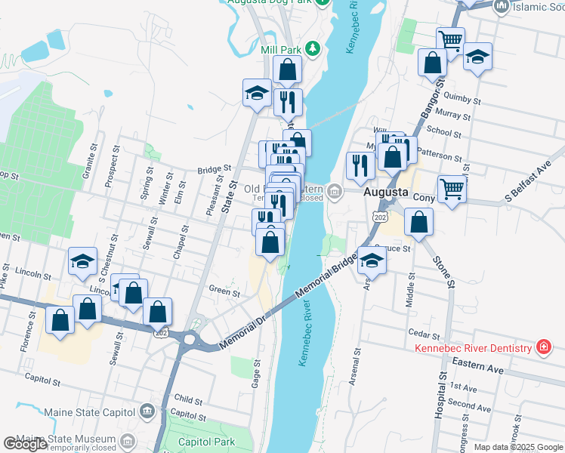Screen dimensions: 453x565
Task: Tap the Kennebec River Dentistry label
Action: point(474,348)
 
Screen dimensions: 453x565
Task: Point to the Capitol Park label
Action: point(207,442)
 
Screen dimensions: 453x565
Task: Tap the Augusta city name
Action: point(386,193)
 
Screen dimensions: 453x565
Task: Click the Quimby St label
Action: point(463,99)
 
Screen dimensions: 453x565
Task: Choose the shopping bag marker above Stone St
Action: point(418,222)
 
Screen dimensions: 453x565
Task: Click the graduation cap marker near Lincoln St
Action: point(83,261)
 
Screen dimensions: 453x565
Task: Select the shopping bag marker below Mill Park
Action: point(287,69)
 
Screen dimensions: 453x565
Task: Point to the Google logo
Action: point(25,444)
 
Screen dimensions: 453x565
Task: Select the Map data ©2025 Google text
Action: point(517,447)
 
